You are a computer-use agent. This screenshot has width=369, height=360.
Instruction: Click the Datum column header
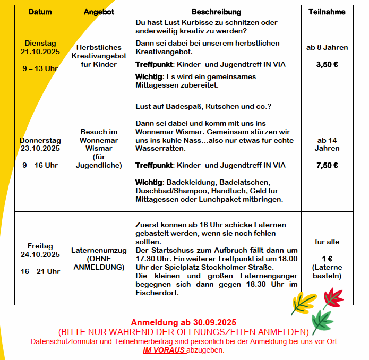[40, 12]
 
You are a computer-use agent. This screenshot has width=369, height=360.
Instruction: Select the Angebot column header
[99, 12]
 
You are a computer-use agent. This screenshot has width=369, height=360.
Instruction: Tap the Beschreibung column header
[216, 12]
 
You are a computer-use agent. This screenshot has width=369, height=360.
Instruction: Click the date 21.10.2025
[40, 52]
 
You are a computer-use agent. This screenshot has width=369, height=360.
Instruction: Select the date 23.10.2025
[40, 149]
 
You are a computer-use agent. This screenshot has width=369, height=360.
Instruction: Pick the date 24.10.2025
[40, 254]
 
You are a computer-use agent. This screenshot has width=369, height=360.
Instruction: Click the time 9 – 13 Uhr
[40, 68]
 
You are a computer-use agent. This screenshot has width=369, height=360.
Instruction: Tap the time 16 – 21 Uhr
[40, 271]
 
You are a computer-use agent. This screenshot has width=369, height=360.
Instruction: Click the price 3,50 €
[327, 64]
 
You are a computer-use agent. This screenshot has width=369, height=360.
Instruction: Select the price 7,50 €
[327, 165]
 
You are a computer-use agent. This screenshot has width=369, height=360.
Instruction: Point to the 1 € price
[327, 259]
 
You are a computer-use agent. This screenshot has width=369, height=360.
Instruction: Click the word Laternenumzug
[99, 250]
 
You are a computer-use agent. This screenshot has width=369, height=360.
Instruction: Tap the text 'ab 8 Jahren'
[327, 47]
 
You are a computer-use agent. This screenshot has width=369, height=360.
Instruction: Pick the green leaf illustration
[322, 322]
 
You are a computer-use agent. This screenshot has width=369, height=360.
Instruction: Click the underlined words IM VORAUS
[164, 350]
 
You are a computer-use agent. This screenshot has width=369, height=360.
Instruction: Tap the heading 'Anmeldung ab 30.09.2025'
[183, 322]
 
